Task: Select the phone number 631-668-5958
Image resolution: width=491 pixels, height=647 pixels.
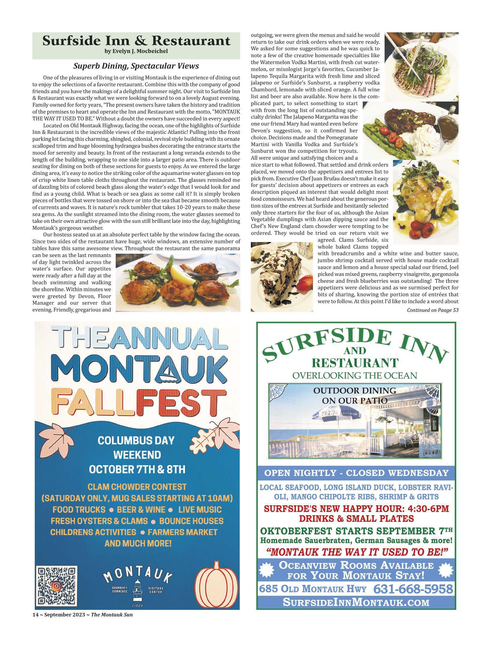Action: click(x=413, y=589)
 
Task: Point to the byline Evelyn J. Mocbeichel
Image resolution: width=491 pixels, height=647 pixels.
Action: click(x=136, y=51)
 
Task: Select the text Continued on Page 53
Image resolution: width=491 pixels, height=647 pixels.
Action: click(x=432, y=310)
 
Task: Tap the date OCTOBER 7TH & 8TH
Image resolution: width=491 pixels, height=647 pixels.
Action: click(x=137, y=469)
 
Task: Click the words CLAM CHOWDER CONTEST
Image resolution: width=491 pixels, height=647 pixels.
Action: click(x=137, y=487)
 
